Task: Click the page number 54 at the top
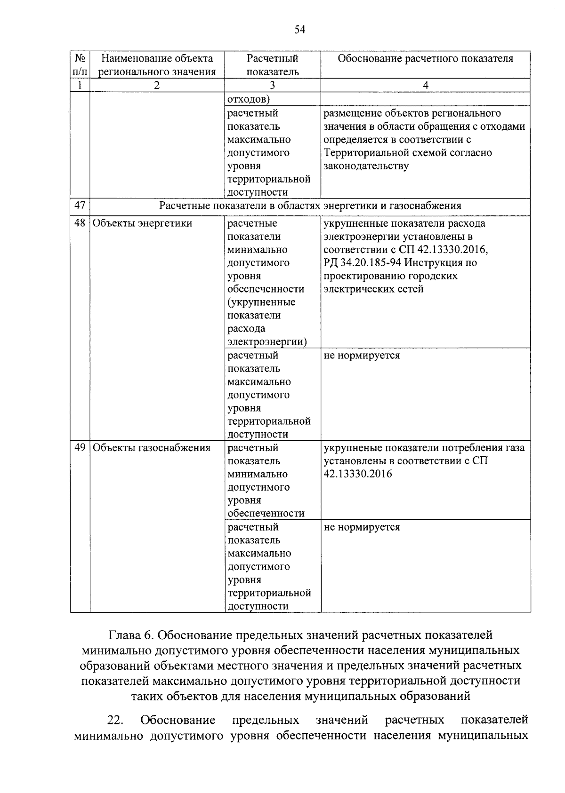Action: coord(300,30)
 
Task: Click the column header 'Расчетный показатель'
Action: coord(272,65)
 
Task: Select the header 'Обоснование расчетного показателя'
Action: coord(425,59)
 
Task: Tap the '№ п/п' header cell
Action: coord(80,65)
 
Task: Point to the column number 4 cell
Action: coord(425,85)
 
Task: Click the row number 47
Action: coord(80,206)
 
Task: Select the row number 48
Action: coord(80,223)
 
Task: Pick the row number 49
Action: coord(80,448)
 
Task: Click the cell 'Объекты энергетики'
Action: coord(142,223)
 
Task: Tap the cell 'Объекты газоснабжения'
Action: coord(151,448)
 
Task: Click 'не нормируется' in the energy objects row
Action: coord(362,356)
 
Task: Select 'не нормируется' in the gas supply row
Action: coord(362,527)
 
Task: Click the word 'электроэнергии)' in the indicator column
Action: coord(267,342)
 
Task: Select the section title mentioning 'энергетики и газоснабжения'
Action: coord(310,206)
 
